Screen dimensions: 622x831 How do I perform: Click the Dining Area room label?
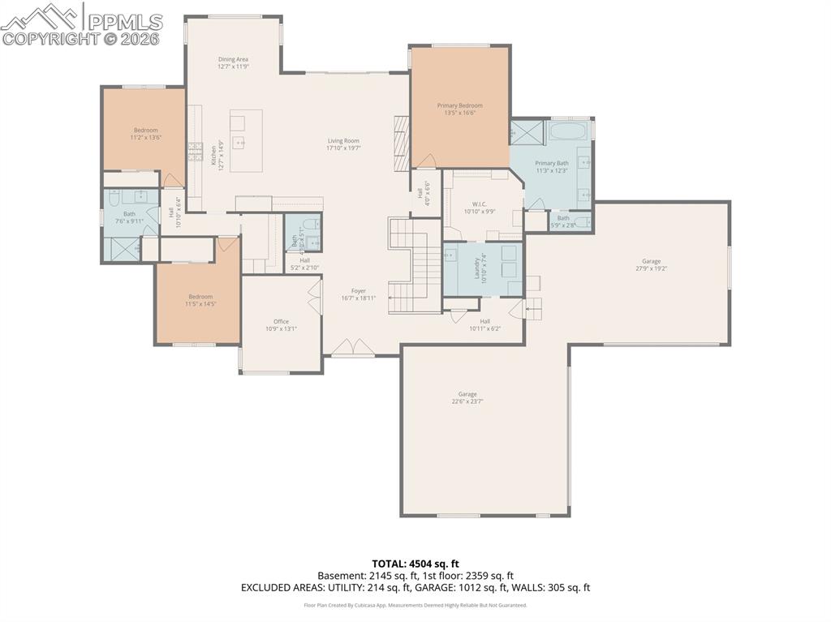tap(232, 59)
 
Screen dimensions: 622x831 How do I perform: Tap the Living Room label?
tap(342, 141)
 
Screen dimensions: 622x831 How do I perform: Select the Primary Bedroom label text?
tap(459, 105)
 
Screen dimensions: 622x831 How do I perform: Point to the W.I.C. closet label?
tap(479, 204)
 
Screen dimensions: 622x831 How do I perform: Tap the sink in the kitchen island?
tap(240, 143)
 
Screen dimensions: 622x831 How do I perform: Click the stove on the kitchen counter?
tap(196, 148)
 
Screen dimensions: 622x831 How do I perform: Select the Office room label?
tap(281, 322)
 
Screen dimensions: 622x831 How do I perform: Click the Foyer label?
tap(358, 291)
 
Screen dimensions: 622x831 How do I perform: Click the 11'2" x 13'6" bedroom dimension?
tap(146, 138)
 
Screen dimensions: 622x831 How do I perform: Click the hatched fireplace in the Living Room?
tap(399, 142)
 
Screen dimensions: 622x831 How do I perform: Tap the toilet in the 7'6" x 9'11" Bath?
tap(114, 197)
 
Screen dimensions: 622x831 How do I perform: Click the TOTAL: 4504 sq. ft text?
tap(415, 564)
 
